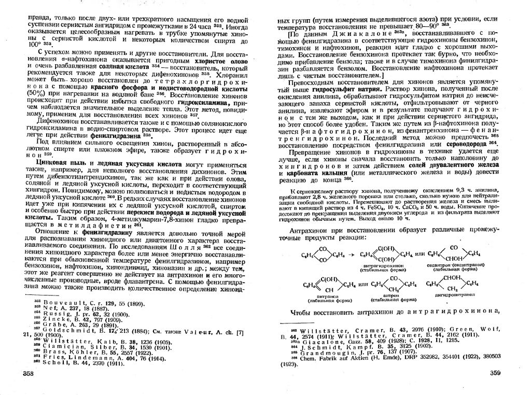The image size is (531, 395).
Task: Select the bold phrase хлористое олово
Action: [202, 61]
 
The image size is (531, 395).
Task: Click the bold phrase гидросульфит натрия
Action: [347, 89]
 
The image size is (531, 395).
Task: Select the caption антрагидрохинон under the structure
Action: [383, 265]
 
